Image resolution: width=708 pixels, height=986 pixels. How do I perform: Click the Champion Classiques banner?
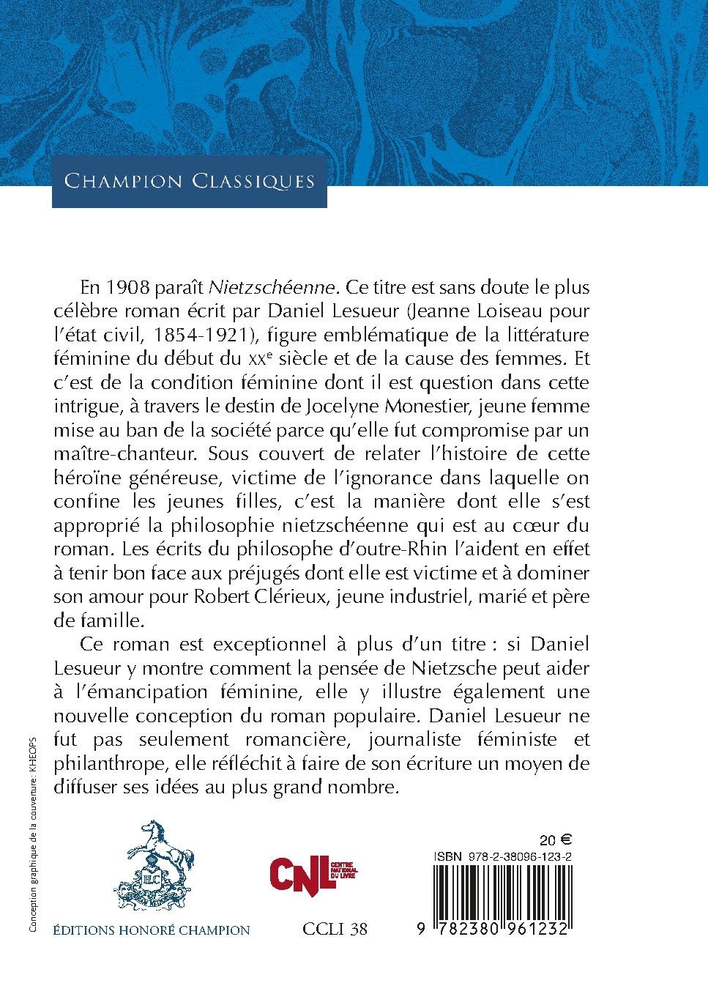189,181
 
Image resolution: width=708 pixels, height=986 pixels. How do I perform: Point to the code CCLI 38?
335,930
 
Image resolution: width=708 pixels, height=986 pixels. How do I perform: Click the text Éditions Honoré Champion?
152,930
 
